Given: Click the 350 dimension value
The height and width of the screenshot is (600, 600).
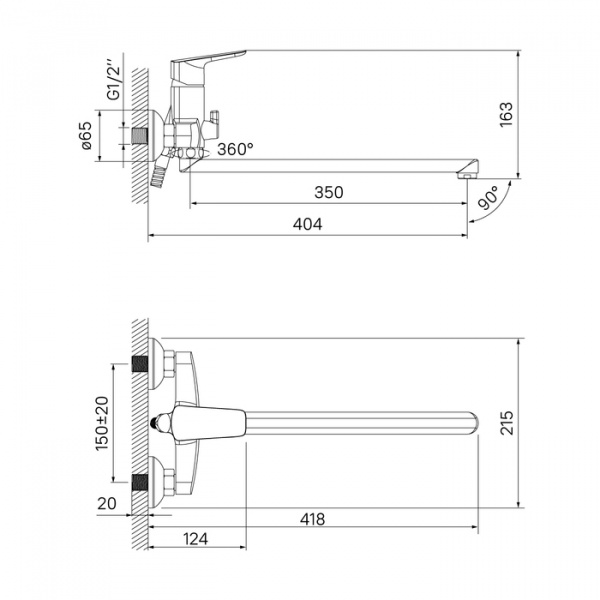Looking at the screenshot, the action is pos(329,192).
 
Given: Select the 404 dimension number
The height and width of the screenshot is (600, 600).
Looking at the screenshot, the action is pos(307,224).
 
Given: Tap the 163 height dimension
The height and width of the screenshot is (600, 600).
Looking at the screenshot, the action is pos(506,114).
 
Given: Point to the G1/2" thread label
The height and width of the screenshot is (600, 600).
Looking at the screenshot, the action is pos(114,79).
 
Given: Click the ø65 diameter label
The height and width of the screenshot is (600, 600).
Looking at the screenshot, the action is pos(86,135).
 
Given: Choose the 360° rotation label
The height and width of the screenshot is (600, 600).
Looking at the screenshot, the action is pos(235,149).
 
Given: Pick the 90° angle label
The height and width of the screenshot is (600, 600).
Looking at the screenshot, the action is pos(489,197).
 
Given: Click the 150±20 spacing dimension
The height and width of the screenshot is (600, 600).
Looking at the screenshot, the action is pos(102,423).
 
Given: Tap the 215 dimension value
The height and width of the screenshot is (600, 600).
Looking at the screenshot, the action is pos(507,423).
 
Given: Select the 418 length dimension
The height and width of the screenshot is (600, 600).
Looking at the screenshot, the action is pos(312,519).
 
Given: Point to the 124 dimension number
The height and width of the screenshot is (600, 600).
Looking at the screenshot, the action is pos(196,539).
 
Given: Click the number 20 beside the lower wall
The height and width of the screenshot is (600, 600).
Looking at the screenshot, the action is pos(106,504).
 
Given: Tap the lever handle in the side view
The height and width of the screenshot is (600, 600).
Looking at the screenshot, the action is pos(208,57).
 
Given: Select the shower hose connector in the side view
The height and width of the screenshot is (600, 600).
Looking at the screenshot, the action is pos(160,172).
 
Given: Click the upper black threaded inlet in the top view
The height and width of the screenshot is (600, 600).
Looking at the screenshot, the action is pos(140,364).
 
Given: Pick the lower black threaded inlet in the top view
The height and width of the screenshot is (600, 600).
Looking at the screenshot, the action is pos(140,482).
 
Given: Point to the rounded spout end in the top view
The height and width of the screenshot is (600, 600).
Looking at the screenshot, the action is pos(473,423).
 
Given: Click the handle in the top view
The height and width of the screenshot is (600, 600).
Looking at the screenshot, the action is pos(209,423).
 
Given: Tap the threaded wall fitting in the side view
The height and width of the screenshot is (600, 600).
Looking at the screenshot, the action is pos(139,135).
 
